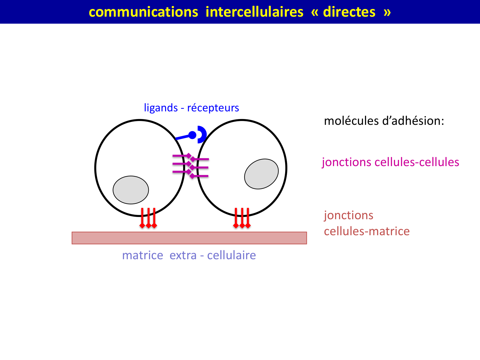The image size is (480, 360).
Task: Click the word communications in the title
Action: (x=143, y=12)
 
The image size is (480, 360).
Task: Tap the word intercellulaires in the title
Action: (x=254, y=12)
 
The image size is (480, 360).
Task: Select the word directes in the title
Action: (x=349, y=12)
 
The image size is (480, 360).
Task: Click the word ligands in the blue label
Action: (x=161, y=108)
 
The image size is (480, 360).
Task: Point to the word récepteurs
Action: (x=213, y=108)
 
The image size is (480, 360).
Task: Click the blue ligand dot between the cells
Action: (x=192, y=135)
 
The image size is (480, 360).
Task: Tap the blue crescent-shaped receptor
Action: (x=202, y=134)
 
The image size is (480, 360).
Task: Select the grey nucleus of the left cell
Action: (x=131, y=190)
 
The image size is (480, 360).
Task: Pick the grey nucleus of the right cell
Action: (x=261, y=174)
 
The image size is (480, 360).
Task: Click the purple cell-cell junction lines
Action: (x=191, y=166)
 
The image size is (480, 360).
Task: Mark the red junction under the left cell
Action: (x=148, y=218)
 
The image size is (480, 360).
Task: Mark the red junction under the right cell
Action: (x=242, y=218)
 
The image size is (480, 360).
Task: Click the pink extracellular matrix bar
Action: (x=189, y=238)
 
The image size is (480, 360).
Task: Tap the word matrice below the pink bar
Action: (x=143, y=255)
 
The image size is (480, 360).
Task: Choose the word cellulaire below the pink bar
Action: (x=231, y=255)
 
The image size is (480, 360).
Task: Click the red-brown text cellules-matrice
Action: (x=367, y=231)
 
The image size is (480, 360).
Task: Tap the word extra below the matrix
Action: (x=183, y=255)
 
